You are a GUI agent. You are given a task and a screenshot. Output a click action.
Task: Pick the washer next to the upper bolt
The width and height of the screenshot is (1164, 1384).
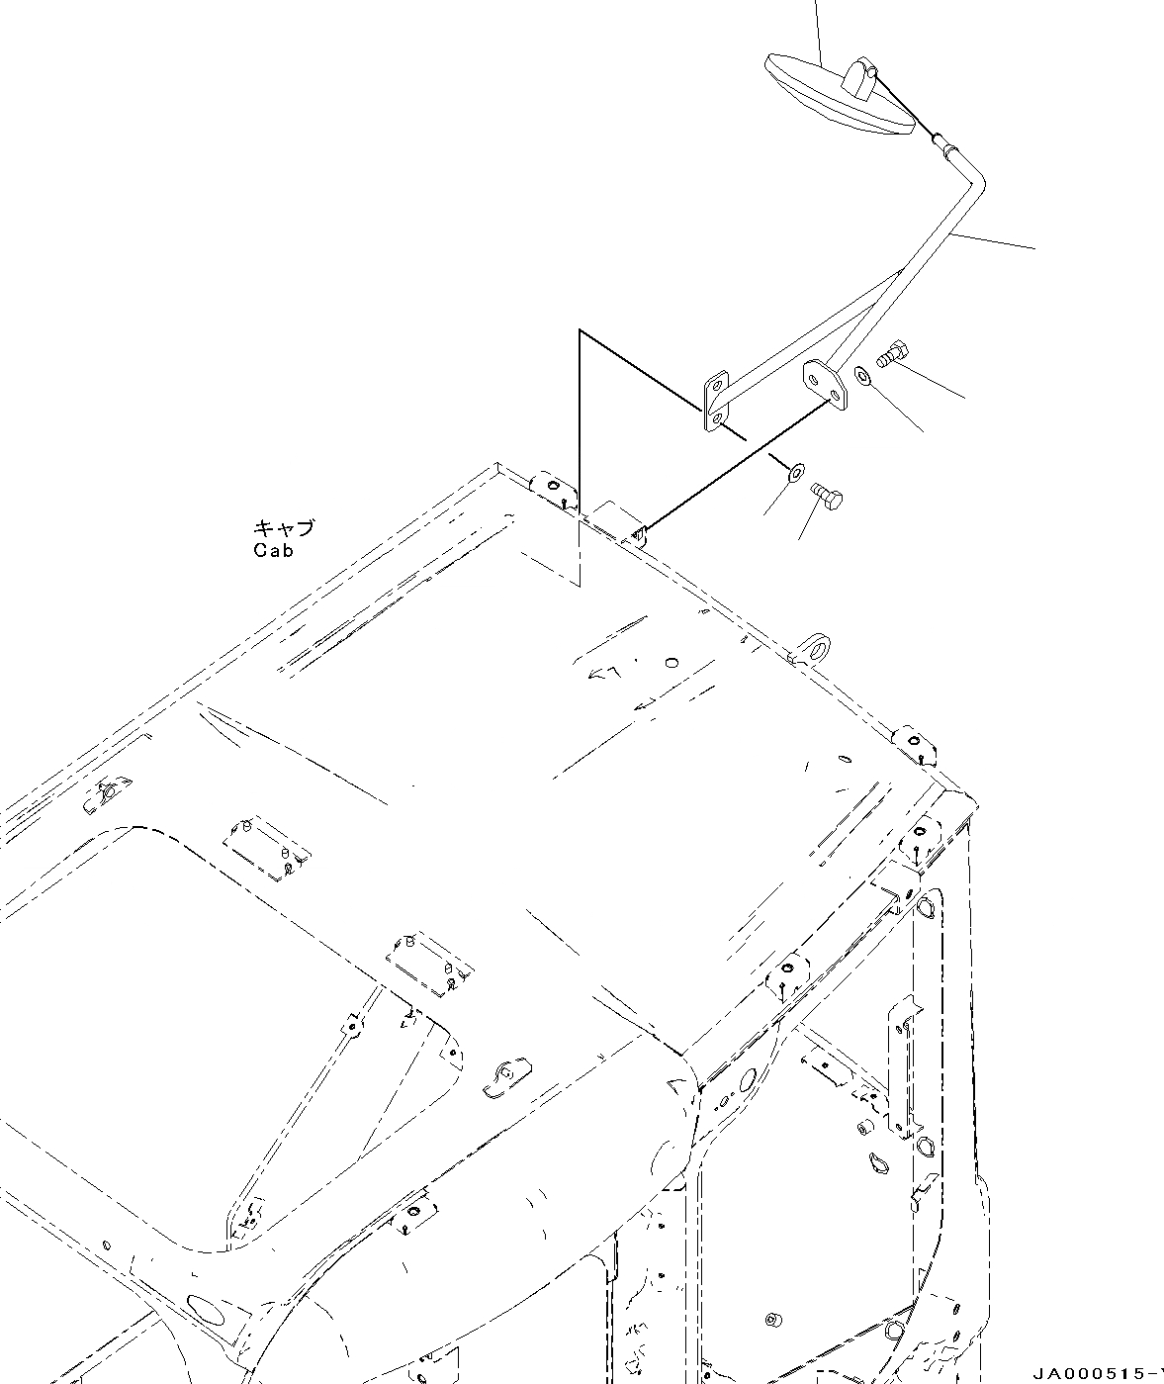862,377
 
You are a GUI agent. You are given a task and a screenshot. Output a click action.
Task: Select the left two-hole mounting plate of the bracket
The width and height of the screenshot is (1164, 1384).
715,403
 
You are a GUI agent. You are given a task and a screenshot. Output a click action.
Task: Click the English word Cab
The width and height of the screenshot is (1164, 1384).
273,551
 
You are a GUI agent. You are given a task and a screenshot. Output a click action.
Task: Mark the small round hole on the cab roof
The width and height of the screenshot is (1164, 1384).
672,663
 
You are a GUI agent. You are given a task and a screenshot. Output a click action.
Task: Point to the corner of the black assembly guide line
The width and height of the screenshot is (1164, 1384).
580,330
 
